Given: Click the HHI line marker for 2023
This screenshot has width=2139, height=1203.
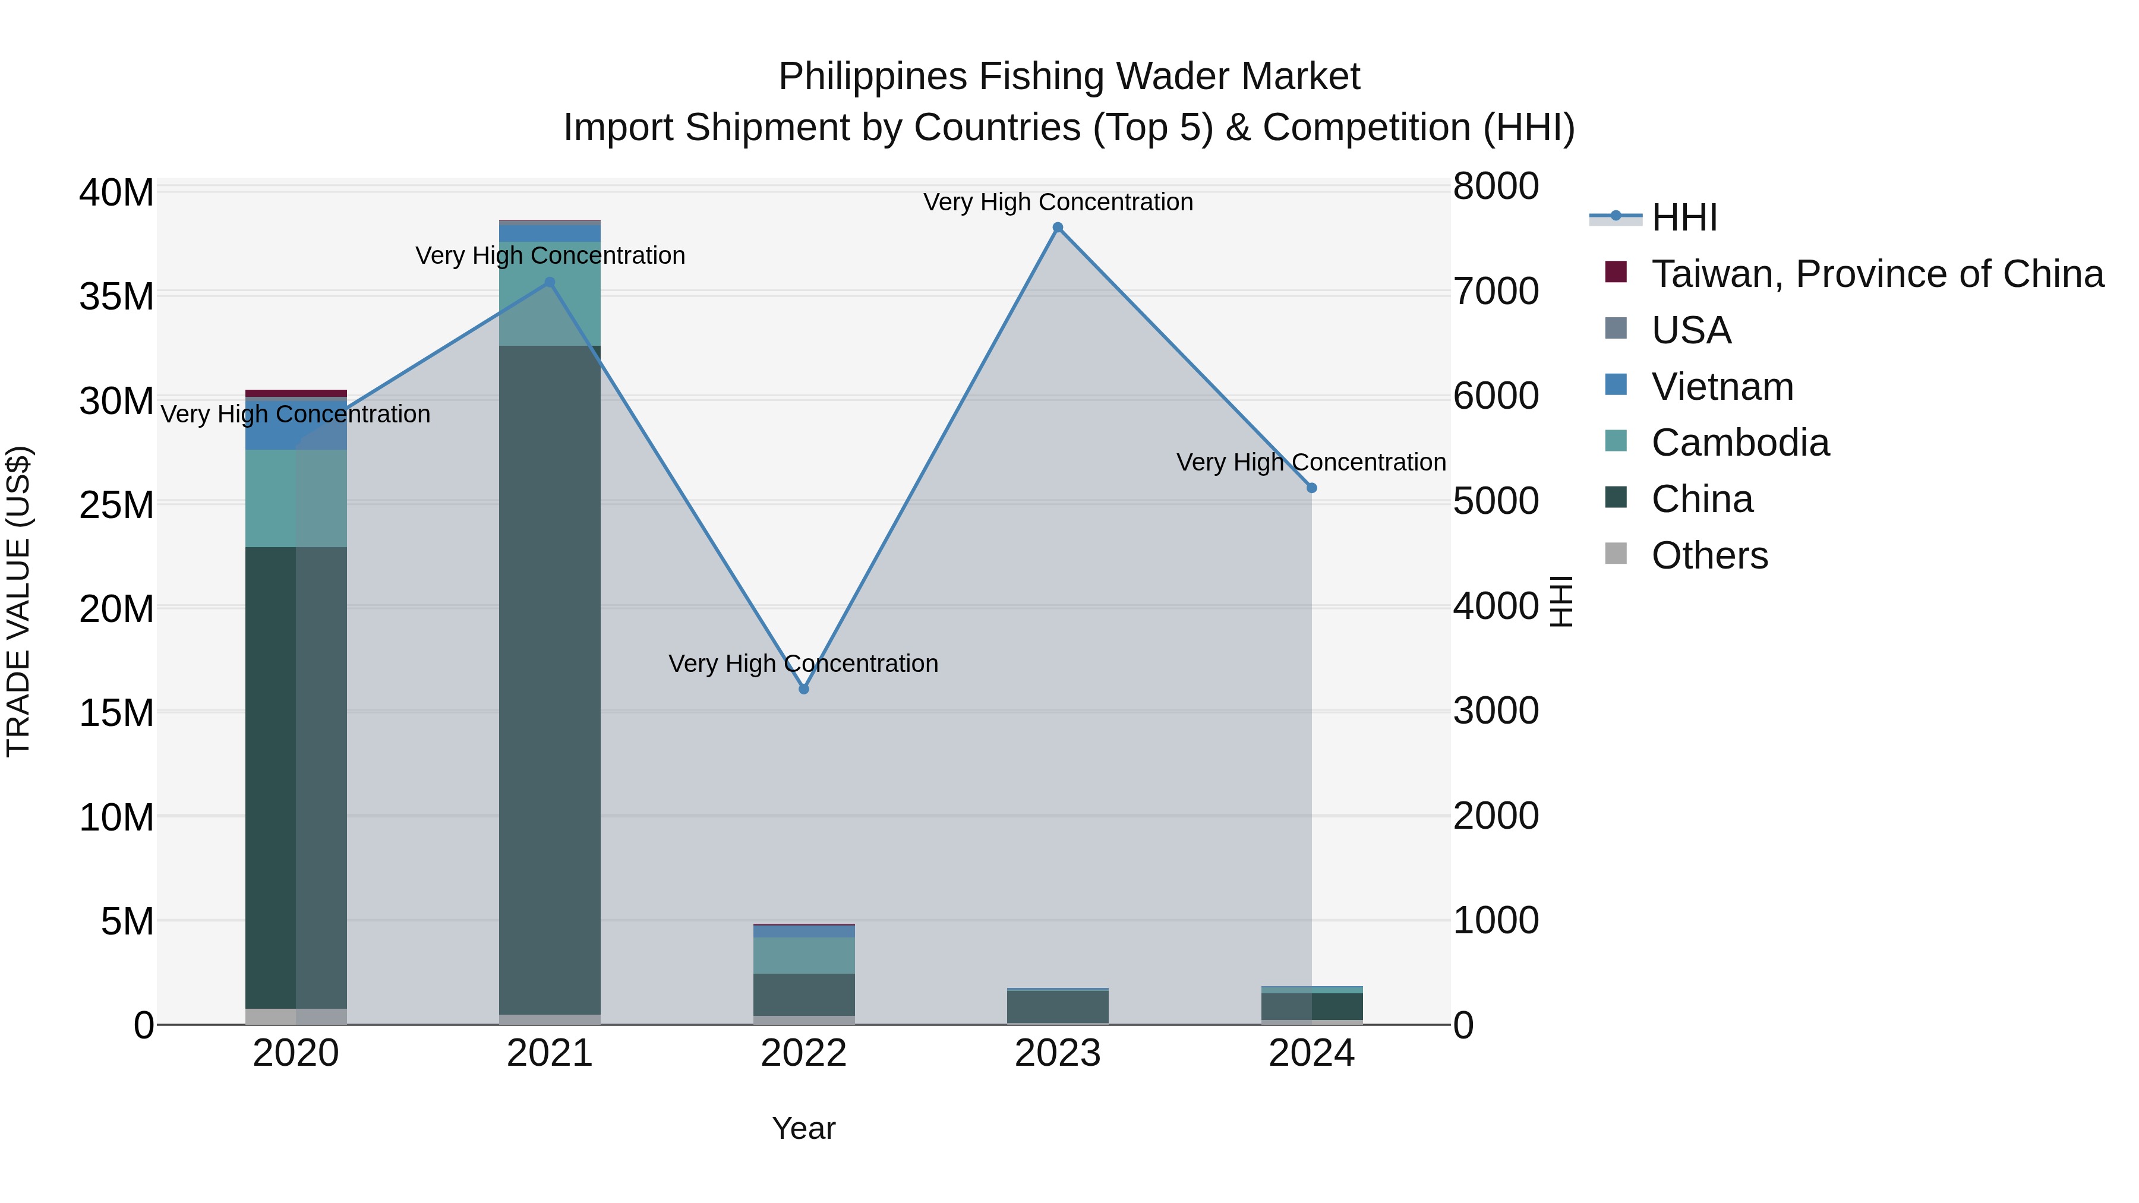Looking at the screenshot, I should tap(1057, 228).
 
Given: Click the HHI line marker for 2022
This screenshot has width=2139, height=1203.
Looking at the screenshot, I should tap(803, 689).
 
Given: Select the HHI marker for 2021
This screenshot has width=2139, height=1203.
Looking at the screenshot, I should tap(549, 282).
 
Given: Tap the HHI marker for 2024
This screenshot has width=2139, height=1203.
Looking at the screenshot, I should tap(1311, 488).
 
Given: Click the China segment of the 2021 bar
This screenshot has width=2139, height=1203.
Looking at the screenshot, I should tap(549, 681).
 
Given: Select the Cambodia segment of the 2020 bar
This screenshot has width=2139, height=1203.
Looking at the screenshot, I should tap(296, 498).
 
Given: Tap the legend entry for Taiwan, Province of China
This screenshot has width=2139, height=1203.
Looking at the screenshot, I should tap(1876, 274).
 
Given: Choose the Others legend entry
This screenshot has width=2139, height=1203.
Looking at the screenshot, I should tap(1709, 555).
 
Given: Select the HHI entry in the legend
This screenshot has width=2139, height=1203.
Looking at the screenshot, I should tap(1684, 217).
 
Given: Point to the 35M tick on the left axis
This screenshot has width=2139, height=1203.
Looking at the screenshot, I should tap(116, 296).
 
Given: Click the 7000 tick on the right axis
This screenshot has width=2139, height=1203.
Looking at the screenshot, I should tap(1496, 292).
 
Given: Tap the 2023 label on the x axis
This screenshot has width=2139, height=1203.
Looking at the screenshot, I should tap(1057, 1053).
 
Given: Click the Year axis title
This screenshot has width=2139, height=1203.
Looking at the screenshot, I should tap(803, 1128).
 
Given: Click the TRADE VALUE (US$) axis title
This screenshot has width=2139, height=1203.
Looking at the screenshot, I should tap(18, 601).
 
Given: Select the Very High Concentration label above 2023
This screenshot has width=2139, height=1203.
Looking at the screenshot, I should tap(1057, 202).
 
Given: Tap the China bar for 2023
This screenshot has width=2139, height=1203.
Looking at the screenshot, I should tap(1057, 1007).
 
